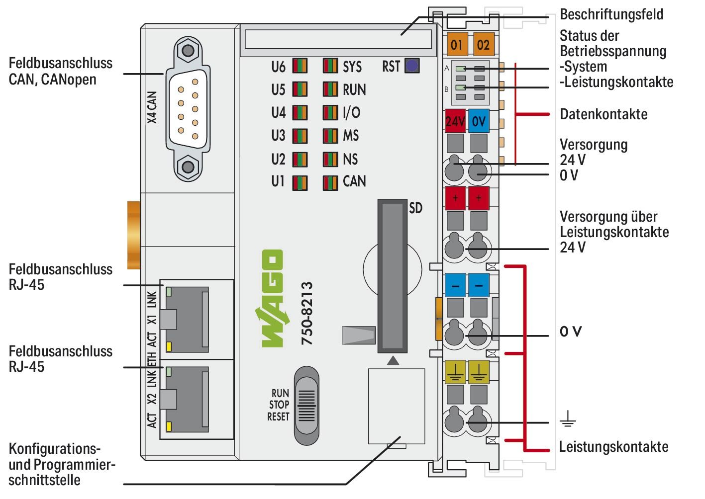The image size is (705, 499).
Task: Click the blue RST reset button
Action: click(411, 66)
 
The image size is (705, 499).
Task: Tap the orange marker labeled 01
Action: click(456, 45)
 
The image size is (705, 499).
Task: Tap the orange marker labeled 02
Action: click(483, 45)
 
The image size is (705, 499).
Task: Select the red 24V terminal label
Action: click(455, 121)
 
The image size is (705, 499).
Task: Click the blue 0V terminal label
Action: click(479, 121)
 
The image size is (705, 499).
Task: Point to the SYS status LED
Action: click(330, 66)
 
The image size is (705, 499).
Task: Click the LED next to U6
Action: click(300, 66)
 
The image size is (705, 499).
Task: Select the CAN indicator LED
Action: click(330, 182)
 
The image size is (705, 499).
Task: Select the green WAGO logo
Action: click(272, 298)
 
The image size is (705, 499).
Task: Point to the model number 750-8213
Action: click(307, 314)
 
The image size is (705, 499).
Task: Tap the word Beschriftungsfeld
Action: click(611, 14)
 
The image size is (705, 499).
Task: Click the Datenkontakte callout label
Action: click(604, 114)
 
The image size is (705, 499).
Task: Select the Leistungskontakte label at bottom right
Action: click(613, 446)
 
